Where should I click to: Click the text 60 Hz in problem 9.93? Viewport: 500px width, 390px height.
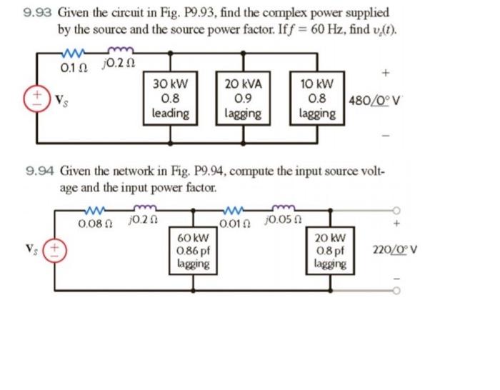click(x=317, y=31)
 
